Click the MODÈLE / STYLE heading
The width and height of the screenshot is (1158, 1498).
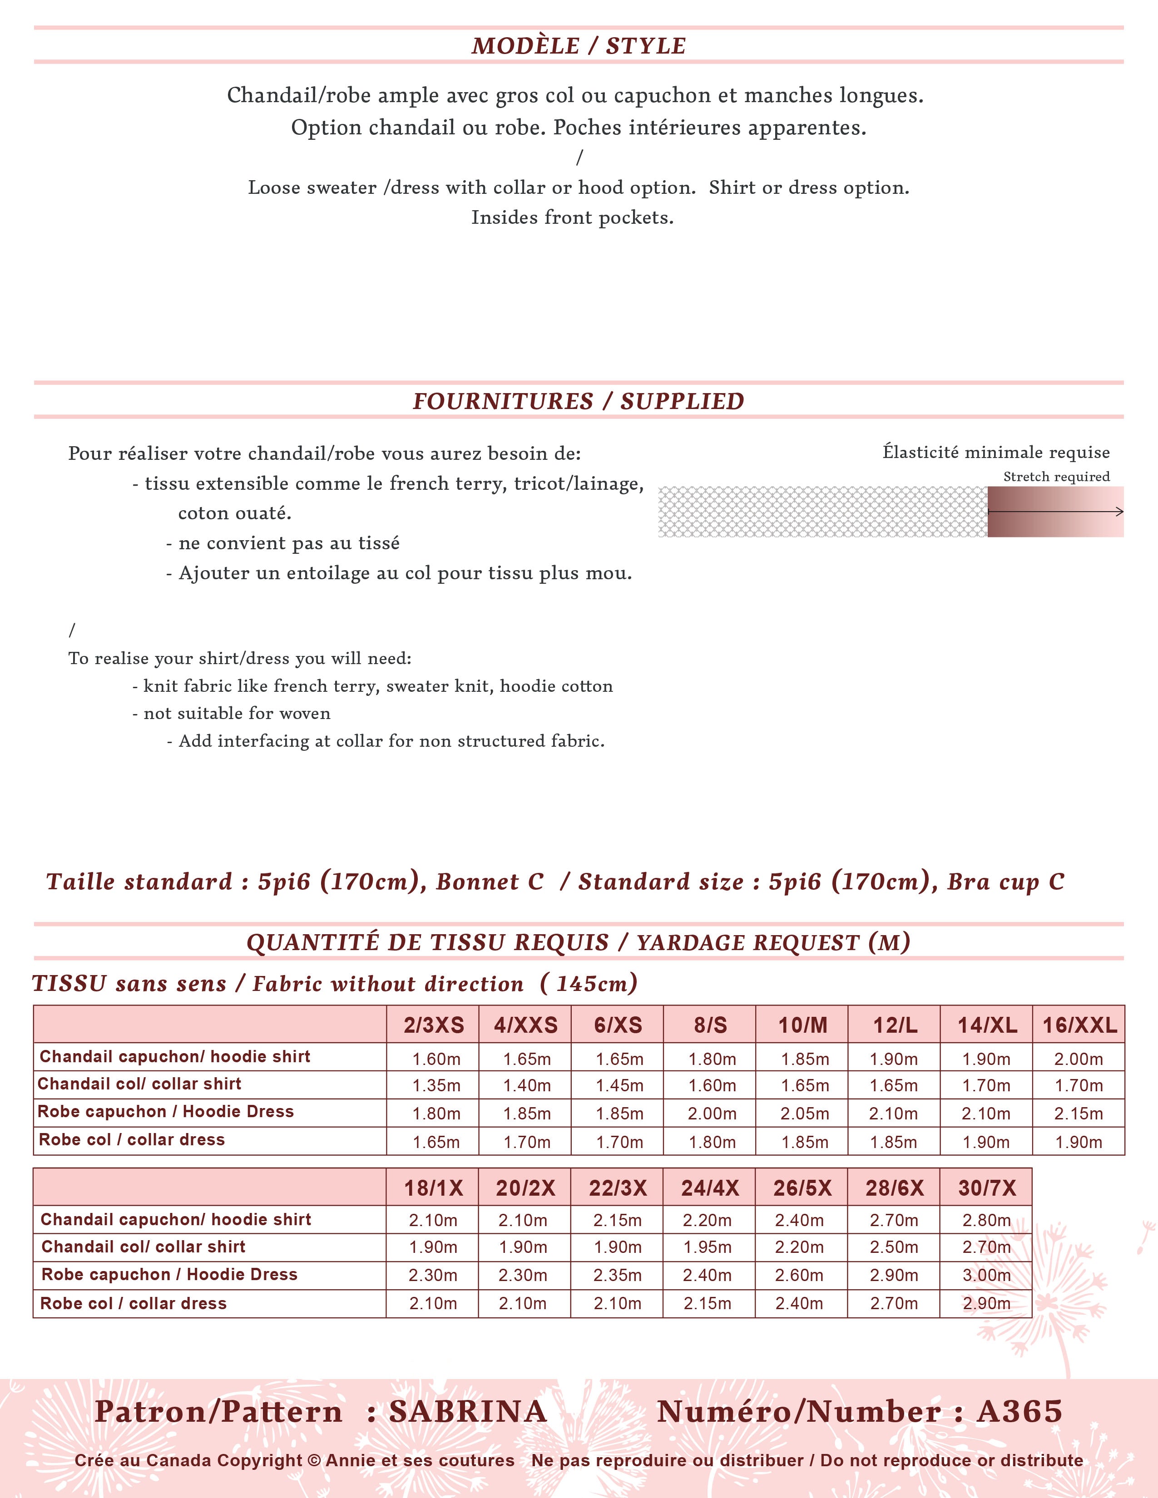point(578,46)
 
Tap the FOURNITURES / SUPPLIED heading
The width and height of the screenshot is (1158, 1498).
point(578,401)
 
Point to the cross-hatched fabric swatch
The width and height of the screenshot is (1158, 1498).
point(822,512)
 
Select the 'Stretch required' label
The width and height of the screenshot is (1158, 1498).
point(1056,477)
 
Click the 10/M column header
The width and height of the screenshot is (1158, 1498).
point(802,1025)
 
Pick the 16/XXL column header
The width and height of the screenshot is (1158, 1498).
point(1079,1025)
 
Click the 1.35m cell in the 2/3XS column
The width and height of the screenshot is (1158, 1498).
point(435,1086)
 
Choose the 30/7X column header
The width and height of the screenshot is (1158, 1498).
point(986,1188)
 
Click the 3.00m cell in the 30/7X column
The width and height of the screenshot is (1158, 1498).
point(986,1276)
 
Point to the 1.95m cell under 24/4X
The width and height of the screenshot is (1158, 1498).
point(707,1247)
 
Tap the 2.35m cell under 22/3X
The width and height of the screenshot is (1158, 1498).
point(618,1276)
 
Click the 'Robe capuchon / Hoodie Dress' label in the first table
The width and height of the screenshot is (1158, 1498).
point(165,1112)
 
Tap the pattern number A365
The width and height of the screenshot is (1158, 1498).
point(1019,1412)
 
